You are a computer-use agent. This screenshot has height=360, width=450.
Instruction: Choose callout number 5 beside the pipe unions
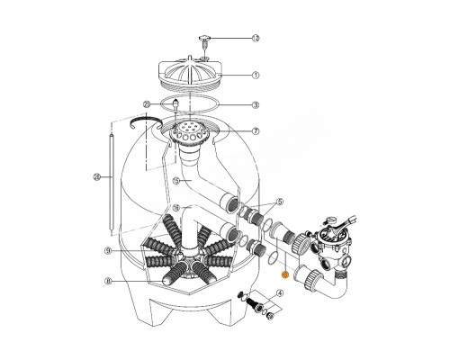[x=280, y=202]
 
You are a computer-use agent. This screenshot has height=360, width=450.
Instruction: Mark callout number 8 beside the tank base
[x=108, y=281]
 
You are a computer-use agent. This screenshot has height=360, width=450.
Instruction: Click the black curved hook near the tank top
[x=142, y=121]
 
